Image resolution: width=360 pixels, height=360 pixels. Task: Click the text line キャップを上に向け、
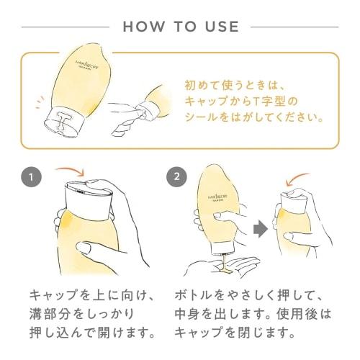tap(92, 296)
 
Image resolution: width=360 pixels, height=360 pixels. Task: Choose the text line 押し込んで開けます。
tap(92, 333)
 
